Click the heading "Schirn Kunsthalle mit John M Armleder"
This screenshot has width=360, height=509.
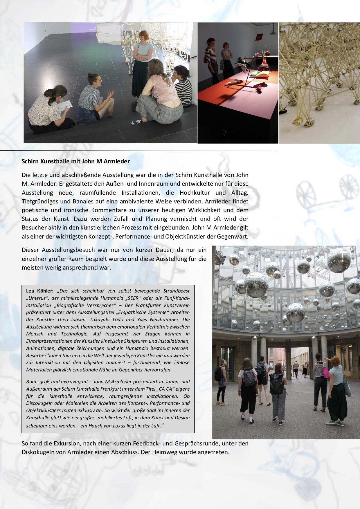point(76,161)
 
